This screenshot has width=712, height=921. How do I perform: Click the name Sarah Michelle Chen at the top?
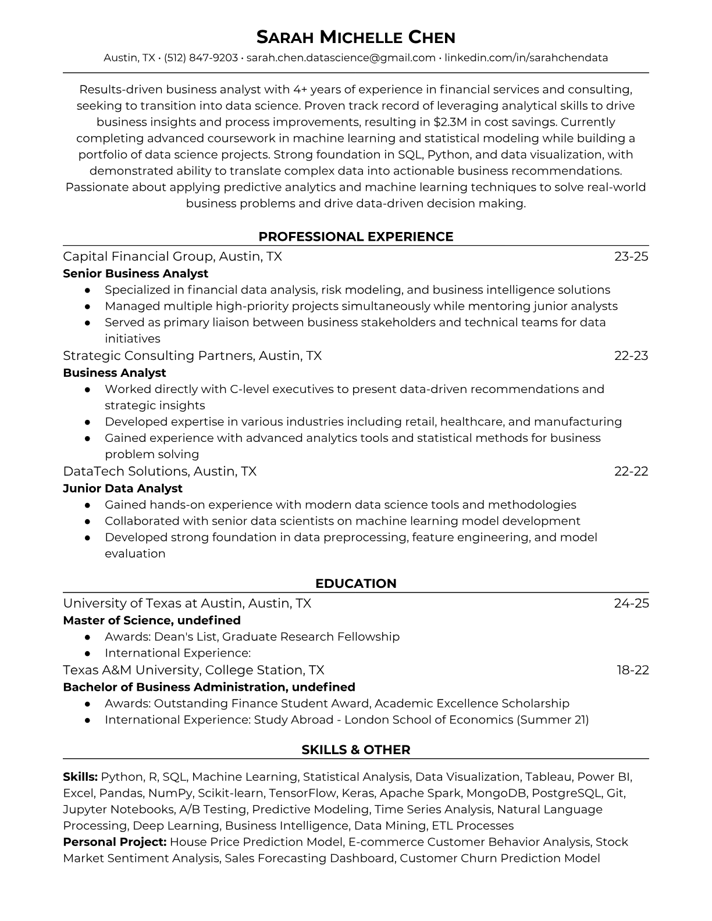point(355,38)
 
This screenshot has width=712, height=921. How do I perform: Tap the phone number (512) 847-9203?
point(201,58)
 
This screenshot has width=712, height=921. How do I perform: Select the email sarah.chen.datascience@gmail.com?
point(341,58)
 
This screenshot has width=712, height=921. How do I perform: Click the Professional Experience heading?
point(355,237)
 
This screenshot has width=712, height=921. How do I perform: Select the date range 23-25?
point(631,256)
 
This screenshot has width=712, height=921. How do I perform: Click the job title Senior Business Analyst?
point(136,273)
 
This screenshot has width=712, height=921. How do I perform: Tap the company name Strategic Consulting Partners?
point(158,356)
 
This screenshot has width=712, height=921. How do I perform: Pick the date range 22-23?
point(631,356)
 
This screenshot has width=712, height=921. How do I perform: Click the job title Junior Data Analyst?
point(123,488)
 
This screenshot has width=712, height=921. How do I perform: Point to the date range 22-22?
point(631,472)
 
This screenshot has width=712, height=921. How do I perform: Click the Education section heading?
point(355,584)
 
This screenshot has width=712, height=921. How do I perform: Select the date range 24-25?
point(631,604)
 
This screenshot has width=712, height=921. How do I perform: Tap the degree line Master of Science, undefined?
point(152,620)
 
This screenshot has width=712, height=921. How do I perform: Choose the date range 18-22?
point(632,670)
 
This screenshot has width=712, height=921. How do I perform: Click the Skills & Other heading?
point(355,750)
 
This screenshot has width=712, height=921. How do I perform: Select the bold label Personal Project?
point(115,842)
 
